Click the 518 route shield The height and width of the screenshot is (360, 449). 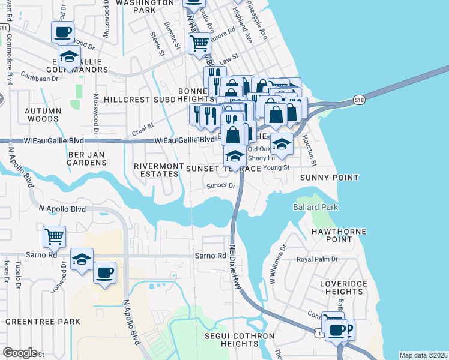(359, 100)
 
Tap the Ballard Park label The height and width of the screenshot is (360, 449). (315, 208)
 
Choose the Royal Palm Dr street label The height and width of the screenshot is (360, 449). (318, 260)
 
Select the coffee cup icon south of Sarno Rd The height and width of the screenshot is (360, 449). (104, 272)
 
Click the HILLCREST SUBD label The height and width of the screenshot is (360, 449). (139, 98)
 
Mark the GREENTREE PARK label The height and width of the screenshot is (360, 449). (43, 322)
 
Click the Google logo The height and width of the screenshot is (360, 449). (20, 353)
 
